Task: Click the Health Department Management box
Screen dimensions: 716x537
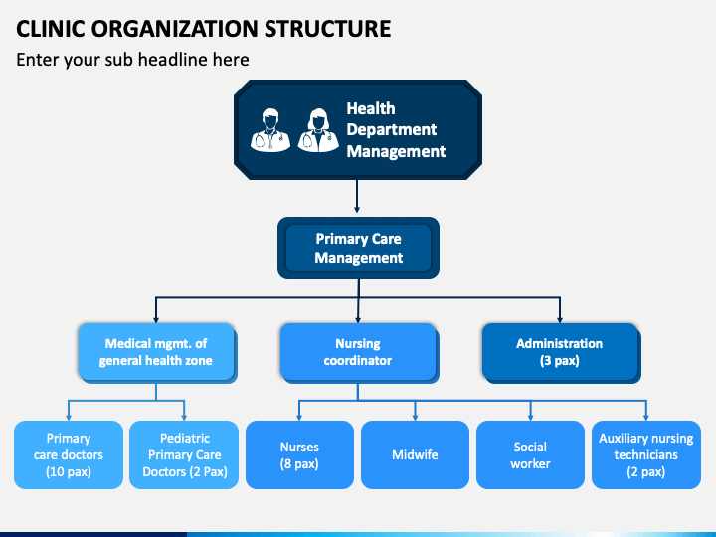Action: [358, 129]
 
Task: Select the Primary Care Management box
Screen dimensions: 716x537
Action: [358, 248]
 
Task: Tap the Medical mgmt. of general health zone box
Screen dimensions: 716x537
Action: [157, 352]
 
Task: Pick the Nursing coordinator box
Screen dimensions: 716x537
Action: [359, 352]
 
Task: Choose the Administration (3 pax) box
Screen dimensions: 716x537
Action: [561, 352]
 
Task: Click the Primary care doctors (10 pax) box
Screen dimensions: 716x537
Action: [69, 454]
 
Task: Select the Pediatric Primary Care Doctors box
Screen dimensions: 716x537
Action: [184, 454]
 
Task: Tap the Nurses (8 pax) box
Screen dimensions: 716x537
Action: [299, 454]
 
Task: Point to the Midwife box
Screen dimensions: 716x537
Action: [415, 454]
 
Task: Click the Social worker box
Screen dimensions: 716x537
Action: [530, 454]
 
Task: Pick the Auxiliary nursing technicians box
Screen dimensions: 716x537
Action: [646, 454]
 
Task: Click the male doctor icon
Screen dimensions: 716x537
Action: [270, 130]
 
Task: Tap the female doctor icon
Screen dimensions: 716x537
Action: [318, 130]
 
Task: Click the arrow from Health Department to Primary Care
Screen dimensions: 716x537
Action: [357, 196]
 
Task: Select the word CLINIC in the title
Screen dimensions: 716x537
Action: [51, 29]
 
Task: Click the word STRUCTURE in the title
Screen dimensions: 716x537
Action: [328, 29]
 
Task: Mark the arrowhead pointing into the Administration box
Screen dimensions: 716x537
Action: [560, 319]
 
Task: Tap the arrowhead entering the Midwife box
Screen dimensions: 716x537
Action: [415, 417]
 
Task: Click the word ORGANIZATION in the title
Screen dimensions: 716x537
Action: [175, 29]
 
